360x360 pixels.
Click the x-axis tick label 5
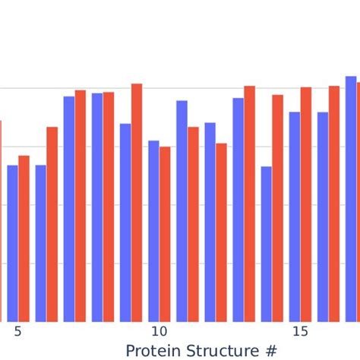[17, 332]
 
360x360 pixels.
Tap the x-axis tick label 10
[159, 332]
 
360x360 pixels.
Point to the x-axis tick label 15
[300, 332]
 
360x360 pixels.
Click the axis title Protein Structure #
[201, 350]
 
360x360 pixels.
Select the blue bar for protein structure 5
[12, 243]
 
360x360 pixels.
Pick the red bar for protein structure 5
[24, 238]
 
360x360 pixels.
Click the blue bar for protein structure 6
[41, 243]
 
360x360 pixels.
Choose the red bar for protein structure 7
[81, 206]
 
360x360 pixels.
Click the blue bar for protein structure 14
[266, 244]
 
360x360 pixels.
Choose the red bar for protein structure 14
[278, 208]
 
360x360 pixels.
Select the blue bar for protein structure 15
[295, 216]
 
